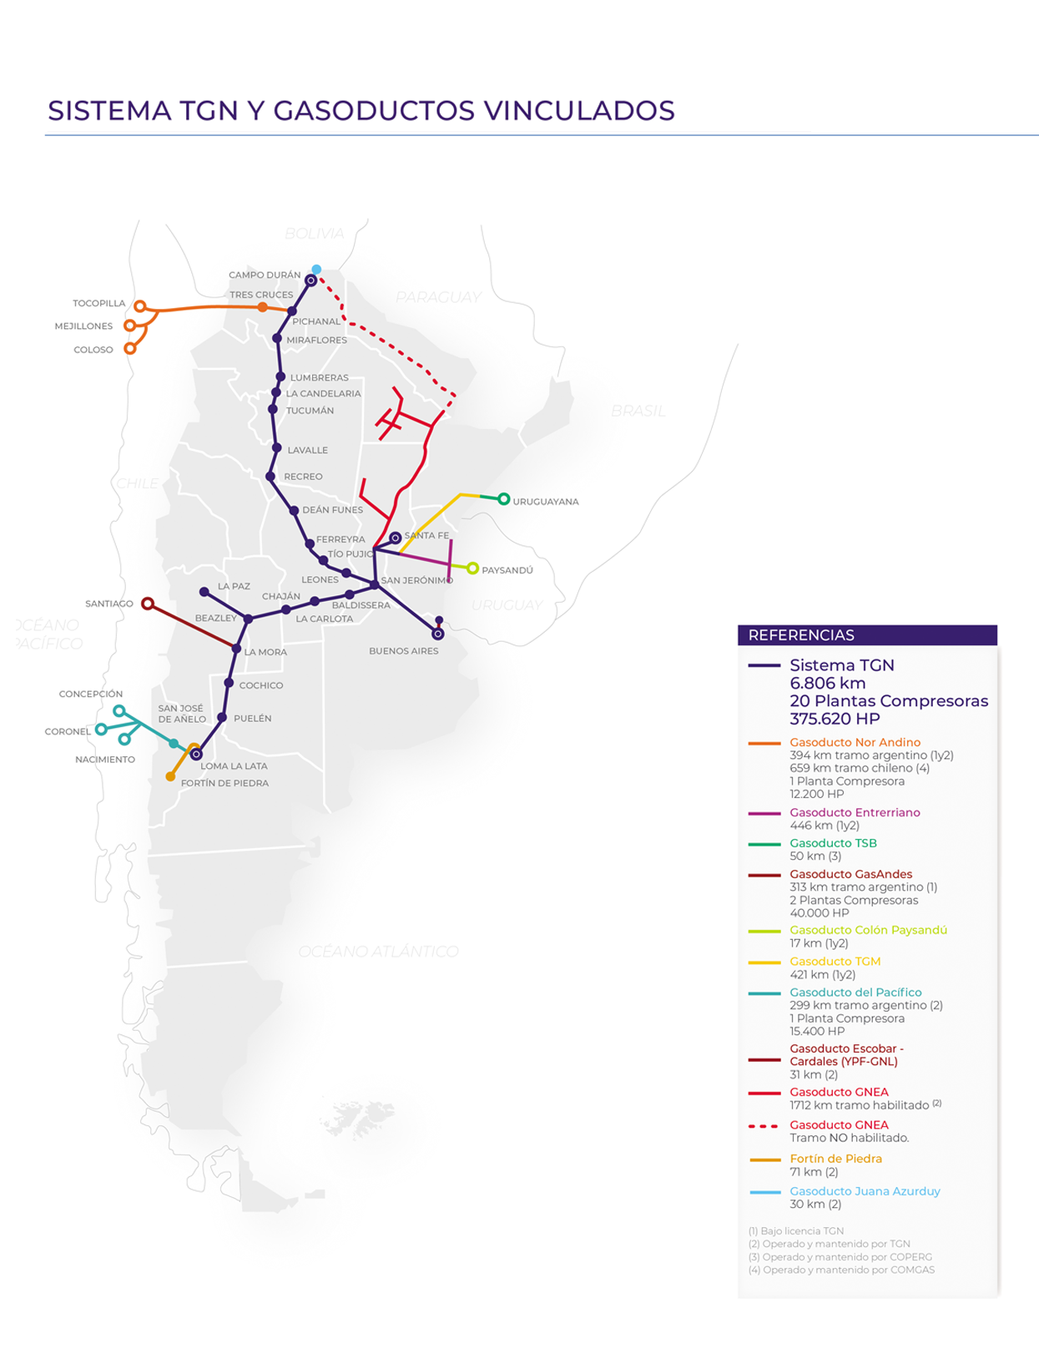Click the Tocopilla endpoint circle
pos(140,306)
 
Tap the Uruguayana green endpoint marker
pos(503,499)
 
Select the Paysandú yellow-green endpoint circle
pos(472,568)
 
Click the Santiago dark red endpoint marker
pos(148,603)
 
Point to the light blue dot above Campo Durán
pos(316,269)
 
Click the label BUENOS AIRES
pos(403,651)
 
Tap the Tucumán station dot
pos(273,410)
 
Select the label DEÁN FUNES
pos(332,510)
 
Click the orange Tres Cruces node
pos(263,307)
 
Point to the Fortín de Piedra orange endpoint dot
pos(170,776)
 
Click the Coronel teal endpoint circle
pos(101,730)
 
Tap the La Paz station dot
pos(204,592)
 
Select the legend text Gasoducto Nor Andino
pos(855,742)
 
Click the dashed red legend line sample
pos(764,1126)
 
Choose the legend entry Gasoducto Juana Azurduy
pos(865,1191)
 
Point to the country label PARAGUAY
pos(438,297)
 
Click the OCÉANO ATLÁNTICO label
pos(378,952)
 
